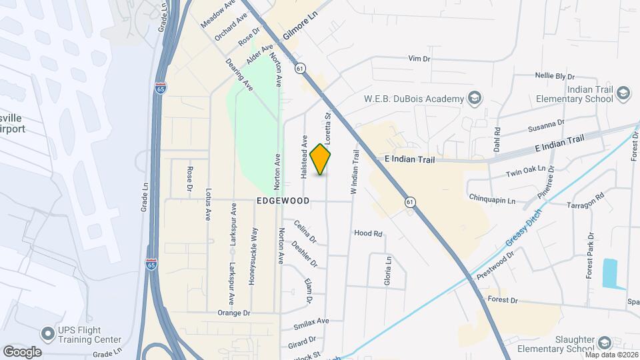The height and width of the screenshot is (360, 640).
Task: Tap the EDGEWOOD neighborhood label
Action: pyautogui.click(x=283, y=201)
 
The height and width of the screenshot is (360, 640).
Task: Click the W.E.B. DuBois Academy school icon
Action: pyautogui.click(x=474, y=99)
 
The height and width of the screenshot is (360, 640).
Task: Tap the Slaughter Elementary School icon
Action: pyautogui.click(x=604, y=343)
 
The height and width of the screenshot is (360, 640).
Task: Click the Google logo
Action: pyautogui.click(x=22, y=351)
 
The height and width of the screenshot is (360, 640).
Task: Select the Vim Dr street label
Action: pyautogui.click(x=420, y=59)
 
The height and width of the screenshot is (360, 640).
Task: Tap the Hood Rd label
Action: pyautogui.click(x=368, y=234)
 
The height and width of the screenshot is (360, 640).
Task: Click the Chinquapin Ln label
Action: pyautogui.click(x=492, y=200)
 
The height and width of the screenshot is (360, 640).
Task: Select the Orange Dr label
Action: pyautogui.click(x=233, y=312)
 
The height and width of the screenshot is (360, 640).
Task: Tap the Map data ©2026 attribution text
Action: pyautogui.click(x=611, y=355)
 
